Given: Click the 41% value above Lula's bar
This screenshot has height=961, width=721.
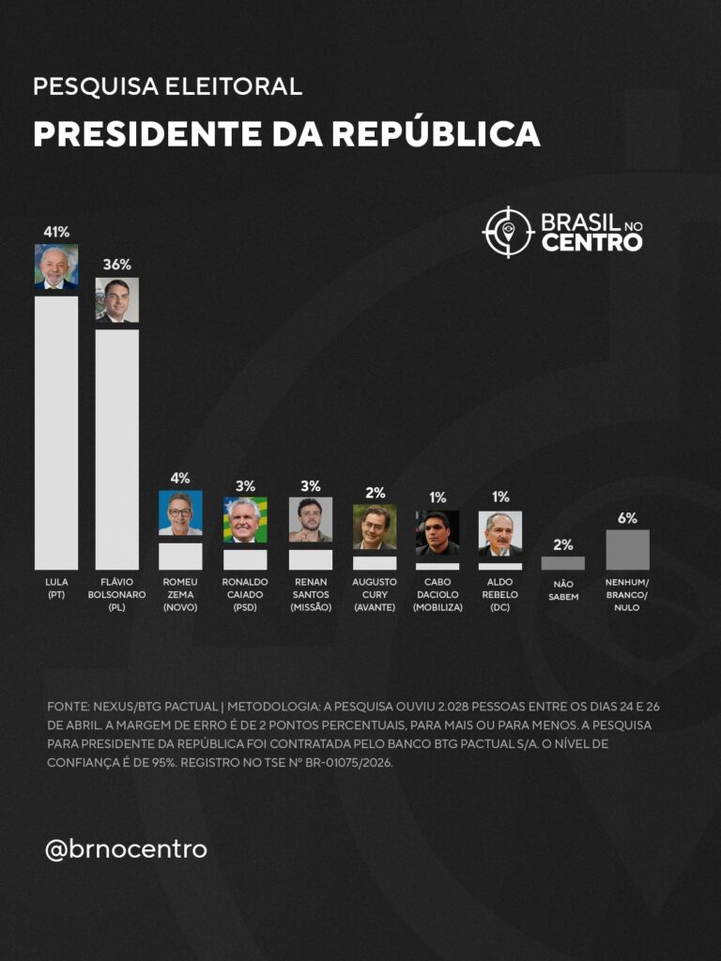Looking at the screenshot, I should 56,231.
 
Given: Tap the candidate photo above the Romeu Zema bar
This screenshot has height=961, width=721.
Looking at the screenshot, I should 180,512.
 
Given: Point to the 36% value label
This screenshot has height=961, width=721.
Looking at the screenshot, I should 117,265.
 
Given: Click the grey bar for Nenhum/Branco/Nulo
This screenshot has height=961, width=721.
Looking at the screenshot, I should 627,550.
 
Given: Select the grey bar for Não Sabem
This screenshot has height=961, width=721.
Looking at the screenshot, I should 563,563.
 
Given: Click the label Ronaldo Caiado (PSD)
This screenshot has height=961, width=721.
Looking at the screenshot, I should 245,594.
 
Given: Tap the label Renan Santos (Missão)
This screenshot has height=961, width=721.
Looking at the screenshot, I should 310,594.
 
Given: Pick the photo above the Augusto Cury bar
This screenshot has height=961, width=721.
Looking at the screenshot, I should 375,526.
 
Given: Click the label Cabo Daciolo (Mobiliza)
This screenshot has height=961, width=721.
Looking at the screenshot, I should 437,594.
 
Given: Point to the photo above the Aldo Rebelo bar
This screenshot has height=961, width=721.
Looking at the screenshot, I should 500,533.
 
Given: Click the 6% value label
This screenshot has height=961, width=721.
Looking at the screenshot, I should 627,518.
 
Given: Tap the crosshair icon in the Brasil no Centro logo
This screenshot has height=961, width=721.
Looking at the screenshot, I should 508,232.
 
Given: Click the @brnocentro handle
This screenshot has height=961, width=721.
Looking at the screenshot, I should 126,849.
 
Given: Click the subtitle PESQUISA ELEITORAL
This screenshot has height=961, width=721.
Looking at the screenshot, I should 167,87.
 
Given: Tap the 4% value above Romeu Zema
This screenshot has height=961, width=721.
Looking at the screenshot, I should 180,478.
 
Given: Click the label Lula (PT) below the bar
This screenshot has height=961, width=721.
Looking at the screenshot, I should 56,588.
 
